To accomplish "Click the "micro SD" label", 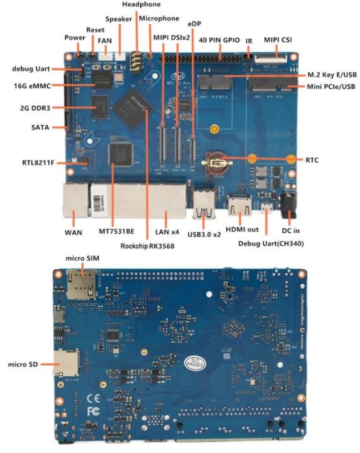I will pyautogui.click(x=23, y=363).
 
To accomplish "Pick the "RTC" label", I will pyautogui.click(x=312, y=160).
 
